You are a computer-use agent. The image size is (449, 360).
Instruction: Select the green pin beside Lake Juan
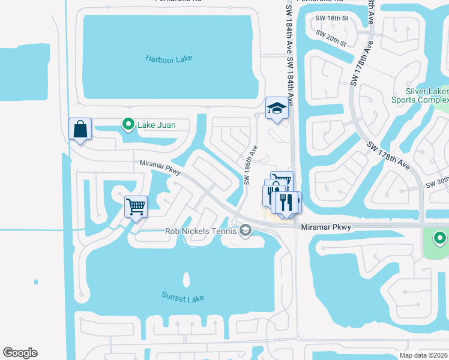(x=128, y=124)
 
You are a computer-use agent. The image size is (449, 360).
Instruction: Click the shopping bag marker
(x=80, y=130)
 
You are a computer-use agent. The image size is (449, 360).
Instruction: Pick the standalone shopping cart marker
(x=136, y=208)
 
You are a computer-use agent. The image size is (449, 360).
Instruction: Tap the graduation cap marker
(x=277, y=109)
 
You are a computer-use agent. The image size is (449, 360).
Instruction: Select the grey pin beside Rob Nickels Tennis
(x=245, y=230)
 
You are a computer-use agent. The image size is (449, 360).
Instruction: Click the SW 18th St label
(x=332, y=19)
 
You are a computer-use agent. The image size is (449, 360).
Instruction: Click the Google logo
(x=20, y=353)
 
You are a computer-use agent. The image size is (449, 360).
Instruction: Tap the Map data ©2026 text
(x=423, y=355)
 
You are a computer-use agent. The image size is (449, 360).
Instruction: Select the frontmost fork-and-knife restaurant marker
(x=286, y=202)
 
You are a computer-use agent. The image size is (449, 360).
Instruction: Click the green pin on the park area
(x=440, y=239)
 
